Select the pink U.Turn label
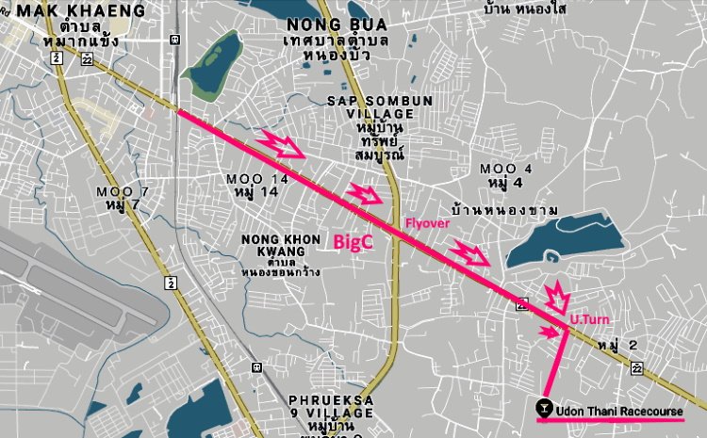coord(590,320)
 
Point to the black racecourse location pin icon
coord(544,408)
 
